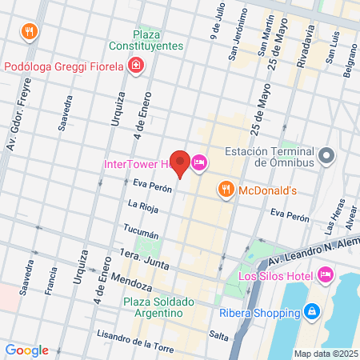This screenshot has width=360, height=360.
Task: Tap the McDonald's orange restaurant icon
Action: [x=226, y=190]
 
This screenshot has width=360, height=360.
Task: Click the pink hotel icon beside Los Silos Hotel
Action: [x=326, y=275]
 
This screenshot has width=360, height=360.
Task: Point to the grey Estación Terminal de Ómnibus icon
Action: [x=326, y=156]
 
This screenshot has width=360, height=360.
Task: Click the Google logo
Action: [x=26, y=350]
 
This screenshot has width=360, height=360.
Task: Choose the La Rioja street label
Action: [x=142, y=205]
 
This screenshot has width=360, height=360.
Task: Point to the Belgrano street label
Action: [x=351, y=62]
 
